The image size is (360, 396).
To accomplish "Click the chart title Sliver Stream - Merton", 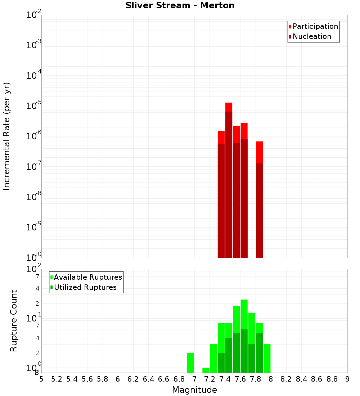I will [180, 5].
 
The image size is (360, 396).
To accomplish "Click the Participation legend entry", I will [315, 26].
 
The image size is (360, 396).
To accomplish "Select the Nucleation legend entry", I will [311, 36].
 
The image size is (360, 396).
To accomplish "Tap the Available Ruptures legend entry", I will [87, 277].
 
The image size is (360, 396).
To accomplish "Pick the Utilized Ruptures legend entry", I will [85, 287].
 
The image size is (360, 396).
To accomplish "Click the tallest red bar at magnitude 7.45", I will [229, 180].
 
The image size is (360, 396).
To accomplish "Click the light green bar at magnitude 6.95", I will [190, 363].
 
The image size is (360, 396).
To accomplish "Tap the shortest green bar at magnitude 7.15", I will [206, 370].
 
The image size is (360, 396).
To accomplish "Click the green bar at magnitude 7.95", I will [267, 359].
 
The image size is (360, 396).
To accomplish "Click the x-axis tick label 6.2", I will [133, 379].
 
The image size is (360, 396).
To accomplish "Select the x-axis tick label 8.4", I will [301, 379].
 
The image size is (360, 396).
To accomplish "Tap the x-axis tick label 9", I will [347, 379].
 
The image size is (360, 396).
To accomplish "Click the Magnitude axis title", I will [194, 390].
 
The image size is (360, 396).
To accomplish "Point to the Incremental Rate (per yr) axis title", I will [7, 136].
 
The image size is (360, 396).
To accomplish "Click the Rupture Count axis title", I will [14, 321].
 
